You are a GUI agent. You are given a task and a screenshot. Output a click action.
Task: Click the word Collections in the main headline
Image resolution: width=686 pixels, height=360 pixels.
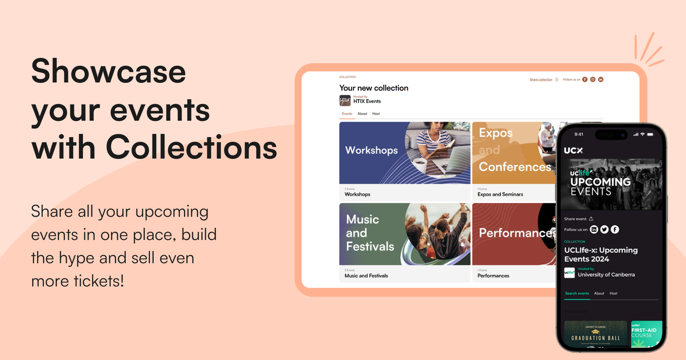[x=192, y=147]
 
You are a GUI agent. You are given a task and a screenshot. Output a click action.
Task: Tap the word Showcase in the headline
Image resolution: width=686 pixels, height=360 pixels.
[x=108, y=72]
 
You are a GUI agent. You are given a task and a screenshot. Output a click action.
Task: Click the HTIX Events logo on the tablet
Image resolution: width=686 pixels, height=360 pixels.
[x=345, y=100]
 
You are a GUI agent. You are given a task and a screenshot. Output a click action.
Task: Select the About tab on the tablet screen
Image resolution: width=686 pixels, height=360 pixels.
[x=362, y=114]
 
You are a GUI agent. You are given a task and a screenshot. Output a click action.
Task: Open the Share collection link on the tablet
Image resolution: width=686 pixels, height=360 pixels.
[x=541, y=79]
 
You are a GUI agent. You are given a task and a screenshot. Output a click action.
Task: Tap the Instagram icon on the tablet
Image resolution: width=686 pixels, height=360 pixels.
[x=593, y=79]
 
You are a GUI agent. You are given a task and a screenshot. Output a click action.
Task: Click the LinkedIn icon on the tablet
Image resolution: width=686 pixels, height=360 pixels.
[x=601, y=79]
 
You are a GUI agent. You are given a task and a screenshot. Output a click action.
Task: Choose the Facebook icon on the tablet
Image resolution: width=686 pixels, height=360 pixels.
[x=585, y=79]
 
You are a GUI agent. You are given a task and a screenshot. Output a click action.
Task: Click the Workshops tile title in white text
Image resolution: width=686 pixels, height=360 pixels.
[x=371, y=150]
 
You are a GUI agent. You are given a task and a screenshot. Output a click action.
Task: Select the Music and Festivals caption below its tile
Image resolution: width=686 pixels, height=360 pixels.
[x=366, y=275]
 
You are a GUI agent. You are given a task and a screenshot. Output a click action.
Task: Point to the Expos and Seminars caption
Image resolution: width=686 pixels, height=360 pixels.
[x=500, y=194]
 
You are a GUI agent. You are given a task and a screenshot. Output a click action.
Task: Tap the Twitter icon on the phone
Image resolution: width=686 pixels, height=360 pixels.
[x=604, y=229]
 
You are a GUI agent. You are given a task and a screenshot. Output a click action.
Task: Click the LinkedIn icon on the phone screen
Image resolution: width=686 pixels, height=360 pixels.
[x=594, y=229]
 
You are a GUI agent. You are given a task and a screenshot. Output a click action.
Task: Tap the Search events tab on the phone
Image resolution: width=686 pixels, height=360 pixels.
[x=577, y=293]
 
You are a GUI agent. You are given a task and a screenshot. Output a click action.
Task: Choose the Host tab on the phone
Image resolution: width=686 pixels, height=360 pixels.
[x=613, y=293]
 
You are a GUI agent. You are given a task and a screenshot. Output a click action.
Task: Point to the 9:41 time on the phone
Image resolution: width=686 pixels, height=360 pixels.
[x=579, y=134]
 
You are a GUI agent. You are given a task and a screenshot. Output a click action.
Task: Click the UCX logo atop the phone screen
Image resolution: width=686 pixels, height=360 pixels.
[x=573, y=150]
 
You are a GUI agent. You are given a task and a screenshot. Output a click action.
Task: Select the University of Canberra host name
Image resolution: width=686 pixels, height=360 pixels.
[x=606, y=274]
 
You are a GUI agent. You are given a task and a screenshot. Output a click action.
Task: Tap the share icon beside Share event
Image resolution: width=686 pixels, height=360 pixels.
[x=591, y=219]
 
